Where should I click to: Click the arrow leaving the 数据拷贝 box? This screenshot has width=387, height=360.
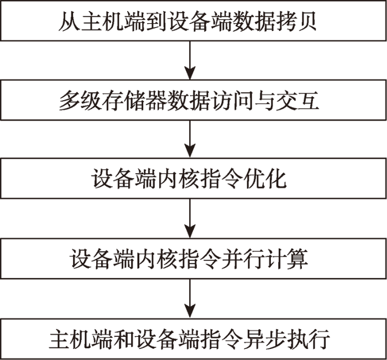(190, 60)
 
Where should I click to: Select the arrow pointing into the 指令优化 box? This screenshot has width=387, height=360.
(190, 139)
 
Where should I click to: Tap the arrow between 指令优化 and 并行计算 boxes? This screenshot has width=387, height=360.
(190, 218)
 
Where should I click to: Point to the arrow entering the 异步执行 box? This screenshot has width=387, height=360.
(190, 299)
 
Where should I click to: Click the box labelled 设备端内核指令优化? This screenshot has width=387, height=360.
(193, 178)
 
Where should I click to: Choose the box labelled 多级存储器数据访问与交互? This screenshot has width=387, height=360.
(193, 100)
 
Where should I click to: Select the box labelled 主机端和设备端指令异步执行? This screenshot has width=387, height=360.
(193, 339)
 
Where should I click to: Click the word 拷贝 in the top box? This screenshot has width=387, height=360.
(295, 21)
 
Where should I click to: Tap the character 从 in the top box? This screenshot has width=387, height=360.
(69, 21)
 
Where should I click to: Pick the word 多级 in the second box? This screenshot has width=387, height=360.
(80, 100)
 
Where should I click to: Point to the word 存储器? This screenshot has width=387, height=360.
(134, 100)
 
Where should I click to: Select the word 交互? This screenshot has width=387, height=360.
(297, 100)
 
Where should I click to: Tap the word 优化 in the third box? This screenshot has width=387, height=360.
(265, 178)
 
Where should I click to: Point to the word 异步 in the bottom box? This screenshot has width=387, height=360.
(265, 339)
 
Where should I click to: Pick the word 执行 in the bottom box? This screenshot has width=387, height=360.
(308, 339)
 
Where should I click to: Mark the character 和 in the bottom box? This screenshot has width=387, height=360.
(124, 339)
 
